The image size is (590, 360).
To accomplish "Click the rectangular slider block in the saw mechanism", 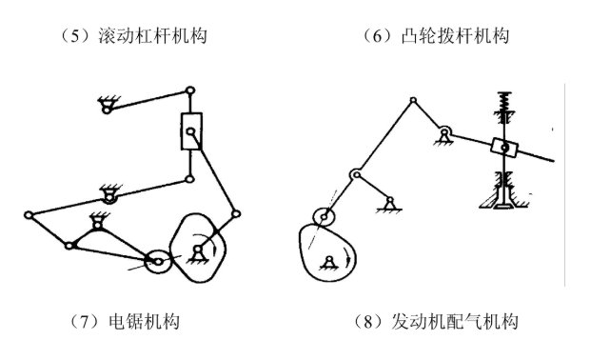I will [192, 132].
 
